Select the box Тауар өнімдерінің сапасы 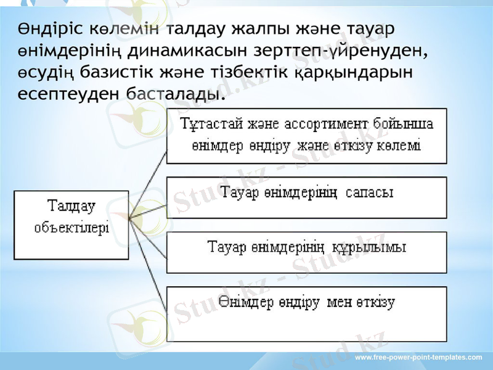(x=306, y=197)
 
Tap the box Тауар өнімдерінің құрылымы (x=306, y=252)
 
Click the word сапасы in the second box (x=370, y=193)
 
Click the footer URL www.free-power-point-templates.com (x=419, y=358)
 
